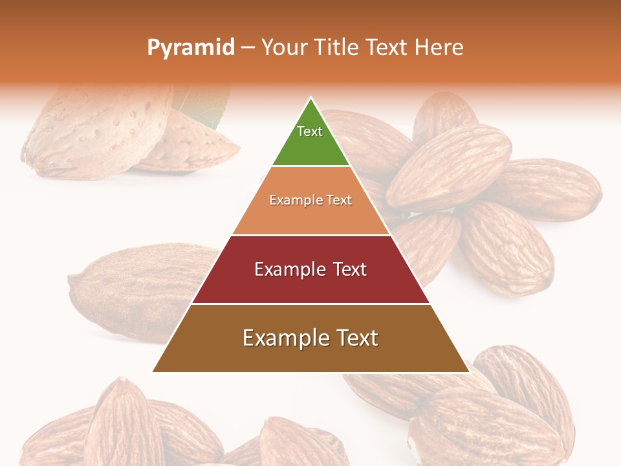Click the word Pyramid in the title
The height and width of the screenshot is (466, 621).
coord(190,48)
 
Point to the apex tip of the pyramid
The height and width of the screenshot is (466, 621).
coord(311,99)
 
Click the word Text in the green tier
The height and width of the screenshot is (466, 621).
coord(310,131)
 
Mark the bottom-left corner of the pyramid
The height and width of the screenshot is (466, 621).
coord(153,372)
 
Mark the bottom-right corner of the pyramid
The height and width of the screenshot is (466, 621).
coord(468,372)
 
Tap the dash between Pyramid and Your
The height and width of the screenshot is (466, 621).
coord(248,48)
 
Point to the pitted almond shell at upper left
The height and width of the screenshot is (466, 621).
coord(97,129)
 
